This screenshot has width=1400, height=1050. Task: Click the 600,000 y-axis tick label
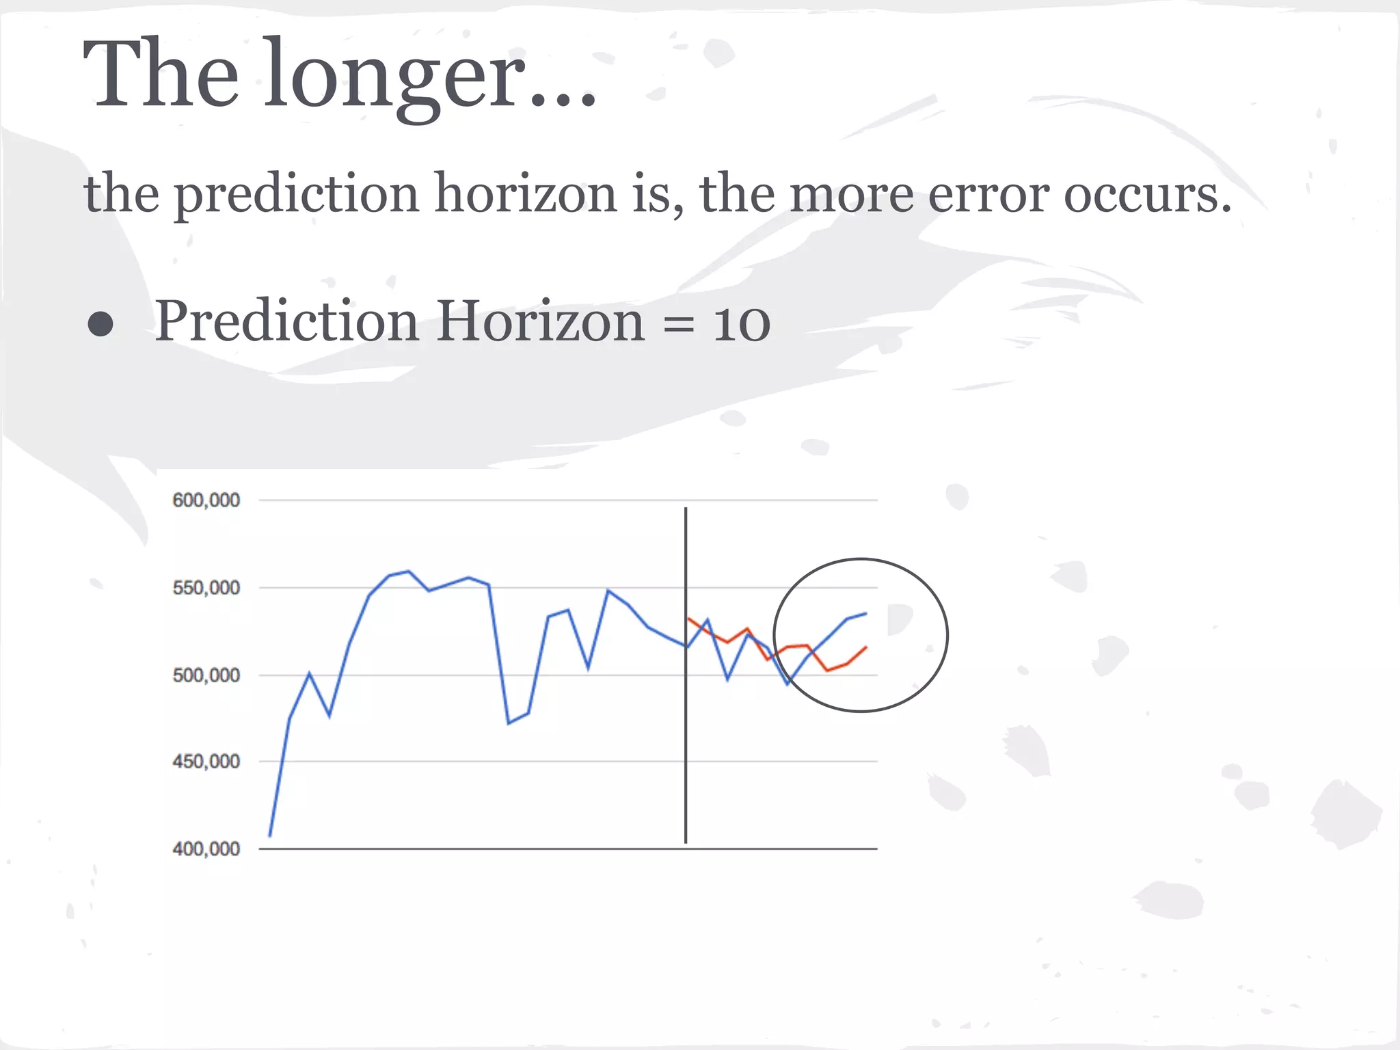pyautogui.click(x=206, y=500)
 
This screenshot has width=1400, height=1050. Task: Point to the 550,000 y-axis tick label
pyautogui.click(x=206, y=588)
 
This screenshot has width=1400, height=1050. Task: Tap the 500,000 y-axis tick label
pyautogui.click(x=206, y=675)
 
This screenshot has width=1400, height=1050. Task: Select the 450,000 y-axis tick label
pyautogui.click(x=206, y=762)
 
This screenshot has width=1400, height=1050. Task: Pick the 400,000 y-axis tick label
pyautogui.click(x=206, y=849)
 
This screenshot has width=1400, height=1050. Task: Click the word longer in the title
pyautogui.click(x=395, y=77)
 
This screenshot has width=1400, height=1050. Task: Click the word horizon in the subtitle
pyautogui.click(x=526, y=193)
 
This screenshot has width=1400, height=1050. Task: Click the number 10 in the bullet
pyautogui.click(x=741, y=323)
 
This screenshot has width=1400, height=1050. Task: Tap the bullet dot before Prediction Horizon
pyautogui.click(x=100, y=325)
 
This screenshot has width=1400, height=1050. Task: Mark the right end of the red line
pyautogui.click(x=866, y=647)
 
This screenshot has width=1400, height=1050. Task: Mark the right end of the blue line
pyautogui.click(x=866, y=613)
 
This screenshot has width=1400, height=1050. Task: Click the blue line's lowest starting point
pyautogui.click(x=270, y=835)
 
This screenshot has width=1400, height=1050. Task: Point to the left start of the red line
pyautogui.click(x=688, y=619)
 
